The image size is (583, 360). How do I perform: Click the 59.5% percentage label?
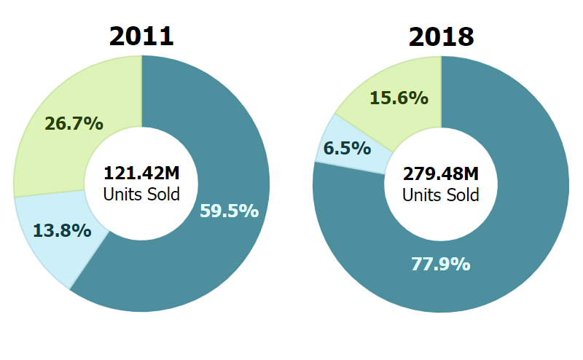pyautogui.click(x=229, y=211)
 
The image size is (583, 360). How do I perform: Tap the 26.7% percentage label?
pyautogui.click(x=74, y=124)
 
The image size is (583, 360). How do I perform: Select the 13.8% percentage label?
pyautogui.click(x=62, y=231)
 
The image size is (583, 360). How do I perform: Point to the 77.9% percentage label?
pyautogui.click(x=441, y=264)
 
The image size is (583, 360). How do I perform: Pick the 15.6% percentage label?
pyautogui.click(x=399, y=98)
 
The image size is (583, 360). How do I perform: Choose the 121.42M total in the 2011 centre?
pyautogui.click(x=141, y=174)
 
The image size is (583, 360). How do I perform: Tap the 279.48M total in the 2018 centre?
pyautogui.click(x=441, y=175)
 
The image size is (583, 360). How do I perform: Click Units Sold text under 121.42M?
pyautogui.click(x=141, y=195)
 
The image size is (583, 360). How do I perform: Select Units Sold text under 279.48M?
pyautogui.click(x=441, y=195)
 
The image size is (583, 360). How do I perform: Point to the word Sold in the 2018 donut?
pyautogui.click(x=463, y=195)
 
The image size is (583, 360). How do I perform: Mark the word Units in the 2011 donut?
pyautogui.click(x=122, y=195)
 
